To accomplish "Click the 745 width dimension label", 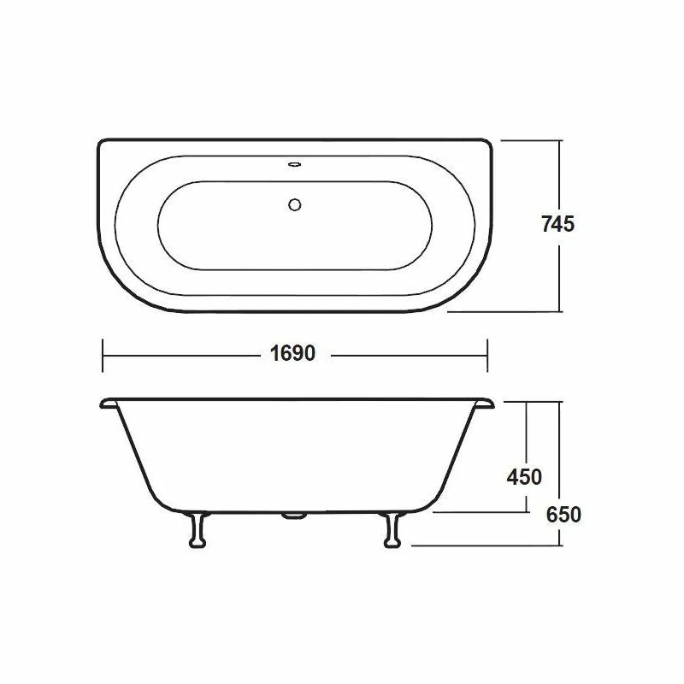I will pyautogui.click(x=557, y=225).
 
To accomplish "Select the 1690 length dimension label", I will pyautogui.click(x=288, y=352).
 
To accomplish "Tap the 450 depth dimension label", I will pyautogui.click(x=524, y=477).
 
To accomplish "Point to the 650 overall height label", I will pyautogui.click(x=563, y=515).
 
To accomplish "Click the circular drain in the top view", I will pyautogui.click(x=296, y=204).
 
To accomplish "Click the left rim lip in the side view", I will pyautogui.click(x=109, y=401).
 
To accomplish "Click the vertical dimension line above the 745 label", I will pyautogui.click(x=559, y=175).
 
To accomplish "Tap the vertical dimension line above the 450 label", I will pyautogui.click(x=526, y=432).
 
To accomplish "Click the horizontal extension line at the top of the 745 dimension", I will pyautogui.click(x=530, y=140).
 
